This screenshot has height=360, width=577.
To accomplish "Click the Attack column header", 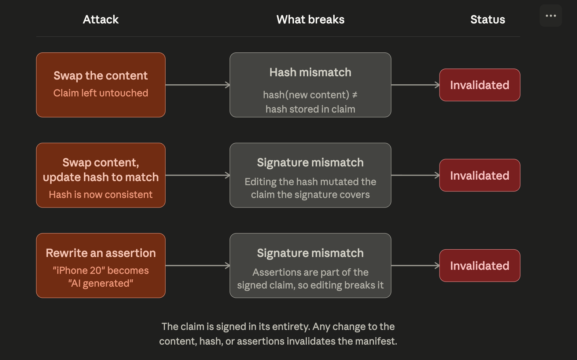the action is (x=101, y=19).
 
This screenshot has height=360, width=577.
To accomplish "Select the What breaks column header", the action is (x=310, y=19).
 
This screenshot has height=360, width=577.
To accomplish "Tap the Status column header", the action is (x=488, y=19).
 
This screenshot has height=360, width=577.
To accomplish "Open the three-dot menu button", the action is (x=551, y=16).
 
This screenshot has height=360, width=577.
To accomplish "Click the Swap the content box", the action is (x=101, y=85).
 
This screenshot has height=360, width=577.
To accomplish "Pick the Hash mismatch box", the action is (x=310, y=85).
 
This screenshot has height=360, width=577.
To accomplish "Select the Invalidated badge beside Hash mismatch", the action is (x=479, y=85).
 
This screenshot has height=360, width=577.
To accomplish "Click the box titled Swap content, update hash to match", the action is (x=101, y=175).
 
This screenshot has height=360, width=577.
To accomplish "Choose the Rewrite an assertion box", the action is (x=101, y=266).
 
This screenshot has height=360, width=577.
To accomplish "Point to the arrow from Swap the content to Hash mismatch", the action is (x=198, y=85).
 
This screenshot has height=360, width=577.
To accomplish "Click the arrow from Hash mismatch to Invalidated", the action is (x=415, y=85).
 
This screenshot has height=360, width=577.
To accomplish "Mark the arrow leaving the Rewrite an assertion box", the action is (x=198, y=266).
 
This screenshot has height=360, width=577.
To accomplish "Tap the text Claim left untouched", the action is (x=101, y=93).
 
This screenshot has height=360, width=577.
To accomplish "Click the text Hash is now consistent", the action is (x=101, y=194).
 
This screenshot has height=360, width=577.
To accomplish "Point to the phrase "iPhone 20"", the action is (x=79, y=271).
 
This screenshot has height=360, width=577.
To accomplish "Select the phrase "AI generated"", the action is (x=101, y=283).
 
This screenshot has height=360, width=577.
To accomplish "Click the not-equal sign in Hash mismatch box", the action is (x=355, y=95).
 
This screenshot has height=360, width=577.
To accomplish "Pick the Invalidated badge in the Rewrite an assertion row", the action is (x=479, y=266).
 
